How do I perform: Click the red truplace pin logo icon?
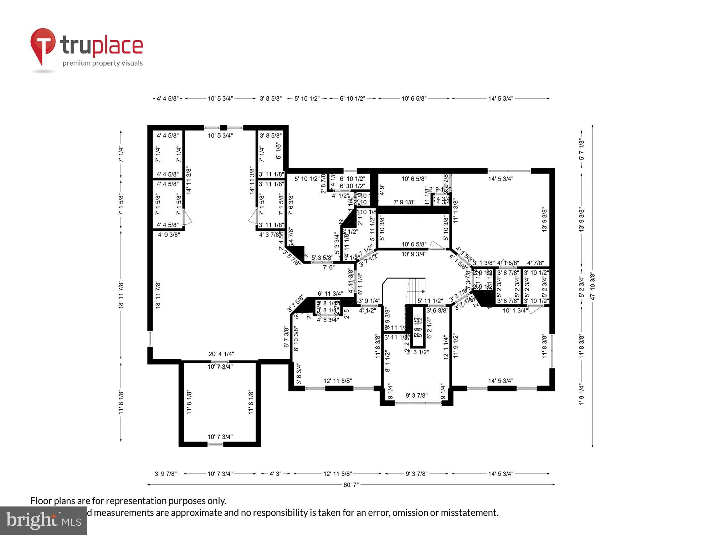click(x=43, y=45)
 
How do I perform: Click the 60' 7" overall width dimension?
click(x=351, y=485)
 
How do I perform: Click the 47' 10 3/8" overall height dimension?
click(x=592, y=286)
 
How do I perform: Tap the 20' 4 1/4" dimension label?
click(x=221, y=354)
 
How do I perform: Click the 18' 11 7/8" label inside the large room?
click(x=158, y=295)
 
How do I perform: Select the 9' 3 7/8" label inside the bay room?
click(x=416, y=396)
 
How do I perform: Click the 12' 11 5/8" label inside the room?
click(x=337, y=381)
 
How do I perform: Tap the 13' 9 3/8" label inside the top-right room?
click(x=544, y=220)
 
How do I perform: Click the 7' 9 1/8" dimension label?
click(x=404, y=202)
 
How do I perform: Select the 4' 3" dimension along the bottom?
click(x=275, y=474)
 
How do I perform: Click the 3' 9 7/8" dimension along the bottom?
click(x=165, y=474)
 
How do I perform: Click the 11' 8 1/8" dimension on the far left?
click(x=121, y=402)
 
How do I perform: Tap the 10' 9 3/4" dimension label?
click(x=414, y=254)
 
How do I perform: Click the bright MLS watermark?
click(x=43, y=521)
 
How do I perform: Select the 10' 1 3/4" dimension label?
click(x=515, y=311)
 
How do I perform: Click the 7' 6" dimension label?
click(x=328, y=267)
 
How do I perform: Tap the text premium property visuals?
click(x=103, y=63)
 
